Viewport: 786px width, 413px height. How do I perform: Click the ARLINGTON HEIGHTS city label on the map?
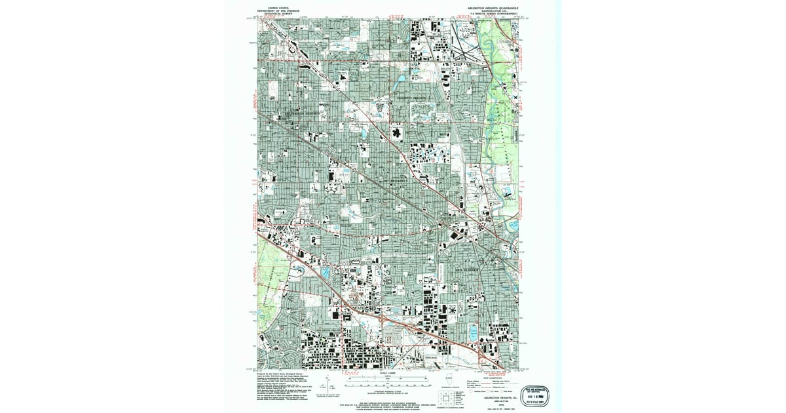(302, 113)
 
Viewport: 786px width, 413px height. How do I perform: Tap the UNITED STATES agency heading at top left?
(269, 9)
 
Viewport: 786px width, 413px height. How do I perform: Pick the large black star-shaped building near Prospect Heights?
(397, 133)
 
